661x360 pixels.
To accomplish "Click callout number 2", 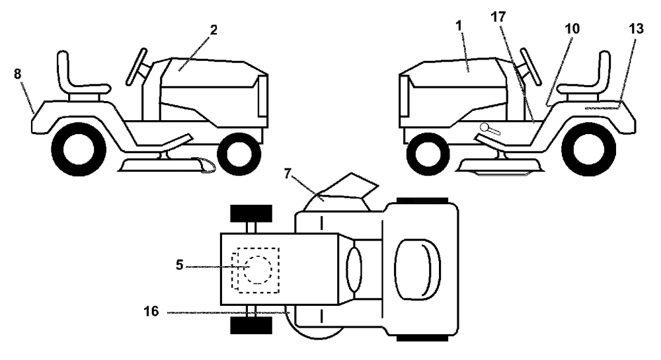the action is click(214, 30).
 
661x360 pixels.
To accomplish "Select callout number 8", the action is click(17, 74).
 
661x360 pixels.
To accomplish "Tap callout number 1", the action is click(459, 26).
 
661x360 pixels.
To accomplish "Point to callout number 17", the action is click(498, 17).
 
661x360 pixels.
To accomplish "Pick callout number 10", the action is click(572, 28).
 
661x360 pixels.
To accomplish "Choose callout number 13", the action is click(637, 28).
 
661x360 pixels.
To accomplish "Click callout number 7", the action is click(288, 174).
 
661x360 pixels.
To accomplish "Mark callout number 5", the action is click(180, 266).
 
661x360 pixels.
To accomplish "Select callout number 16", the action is click(151, 312).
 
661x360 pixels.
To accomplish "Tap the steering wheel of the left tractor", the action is click(137, 67).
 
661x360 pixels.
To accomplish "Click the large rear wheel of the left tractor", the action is click(79, 149).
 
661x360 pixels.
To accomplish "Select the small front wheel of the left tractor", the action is click(239, 154).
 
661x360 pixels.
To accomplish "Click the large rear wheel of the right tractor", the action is click(589, 149).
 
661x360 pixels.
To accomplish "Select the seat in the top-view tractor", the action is click(417, 270).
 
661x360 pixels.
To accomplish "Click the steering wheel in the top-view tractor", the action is click(354, 270).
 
